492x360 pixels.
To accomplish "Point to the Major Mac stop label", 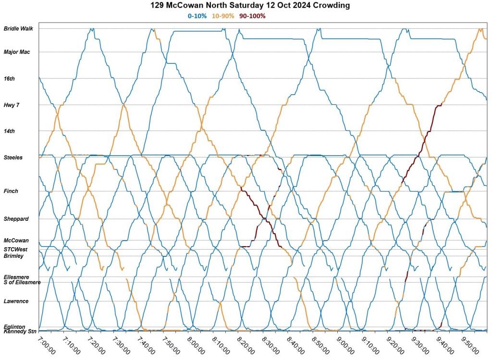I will click(x=17, y=52).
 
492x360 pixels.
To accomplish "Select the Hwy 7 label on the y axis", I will click(x=12, y=105).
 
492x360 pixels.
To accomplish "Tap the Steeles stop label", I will click(x=13, y=157).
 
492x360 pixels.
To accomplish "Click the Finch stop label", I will click(x=11, y=191).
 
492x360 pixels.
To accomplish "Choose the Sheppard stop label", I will click(x=16, y=219).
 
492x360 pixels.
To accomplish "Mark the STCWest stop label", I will click(x=16, y=250).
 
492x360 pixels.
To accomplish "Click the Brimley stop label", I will click(x=13, y=256).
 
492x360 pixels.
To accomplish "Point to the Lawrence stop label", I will click(x=16, y=301).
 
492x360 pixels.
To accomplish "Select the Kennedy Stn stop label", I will click(x=20, y=332).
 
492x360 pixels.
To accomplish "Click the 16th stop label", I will click(x=9, y=78).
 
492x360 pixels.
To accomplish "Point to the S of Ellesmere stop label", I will click(x=22, y=282).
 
